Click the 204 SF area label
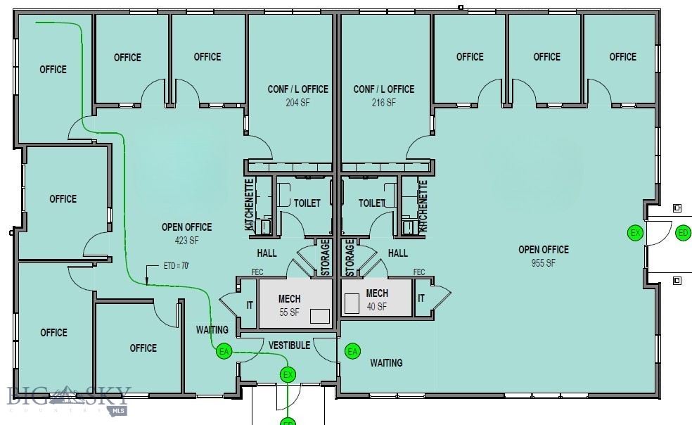pyautogui.click(x=297, y=102)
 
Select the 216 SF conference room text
pyautogui.click(x=383, y=102)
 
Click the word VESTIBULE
pyautogui.click(x=289, y=345)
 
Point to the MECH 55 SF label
pyautogui.click(x=288, y=305)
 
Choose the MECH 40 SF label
pyautogui.click(x=377, y=300)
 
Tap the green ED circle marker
pyautogui.click(x=682, y=233)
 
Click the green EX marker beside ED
pyautogui.click(x=635, y=233)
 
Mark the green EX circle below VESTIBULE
pyautogui.click(x=287, y=375)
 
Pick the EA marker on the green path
pyautogui.click(x=224, y=351)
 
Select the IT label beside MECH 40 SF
pyautogui.click(x=421, y=298)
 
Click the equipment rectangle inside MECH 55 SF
pyautogui.click(x=320, y=316)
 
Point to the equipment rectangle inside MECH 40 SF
pyautogui.click(x=351, y=302)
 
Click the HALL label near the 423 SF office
pyautogui.click(x=267, y=253)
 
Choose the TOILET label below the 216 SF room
pyautogui.click(x=372, y=203)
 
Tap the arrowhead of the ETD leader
pyautogui.click(x=147, y=283)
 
